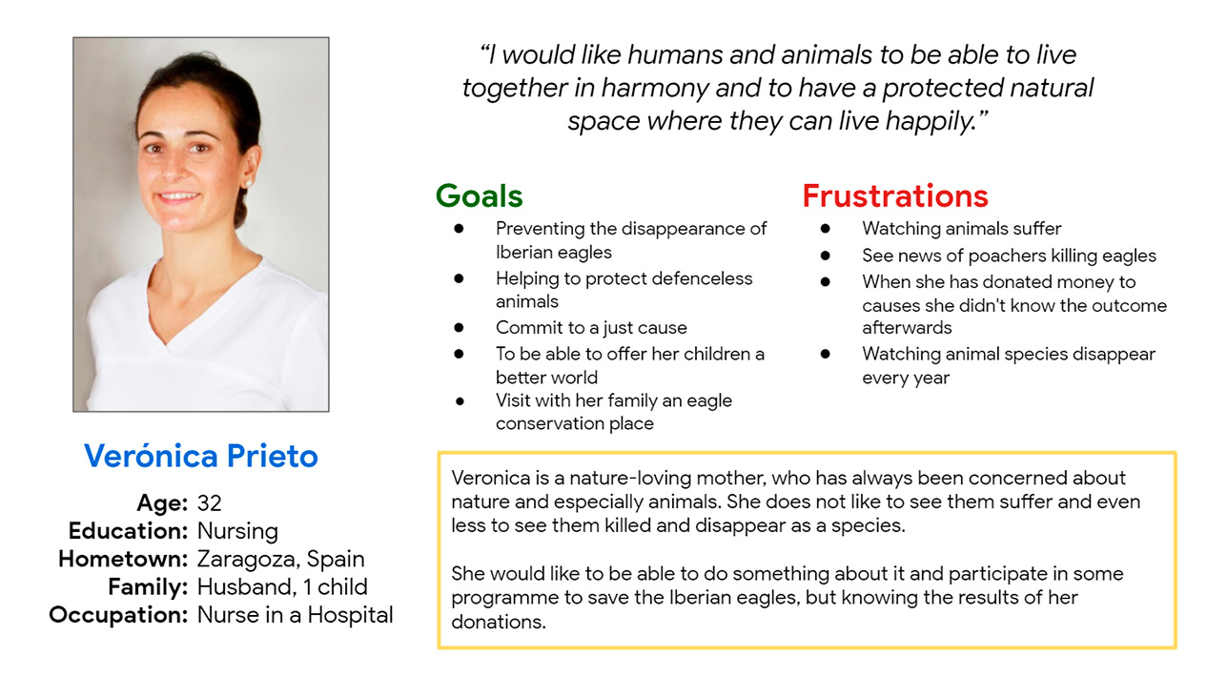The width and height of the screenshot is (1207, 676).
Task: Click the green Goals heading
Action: pyautogui.click(x=479, y=195)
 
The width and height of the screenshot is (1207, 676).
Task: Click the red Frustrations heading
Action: pyautogui.click(x=895, y=195)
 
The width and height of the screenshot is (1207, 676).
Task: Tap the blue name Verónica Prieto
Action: pyautogui.click(x=201, y=456)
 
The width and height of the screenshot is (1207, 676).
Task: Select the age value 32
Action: pyautogui.click(x=209, y=503)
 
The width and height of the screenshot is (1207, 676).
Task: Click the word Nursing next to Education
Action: pyautogui.click(x=237, y=532)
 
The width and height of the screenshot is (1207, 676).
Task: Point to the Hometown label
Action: pyautogui.click(x=123, y=559)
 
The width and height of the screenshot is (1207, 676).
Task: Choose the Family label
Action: pyautogui.click(x=148, y=587)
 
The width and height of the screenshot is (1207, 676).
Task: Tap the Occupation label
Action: pyautogui.click(x=118, y=616)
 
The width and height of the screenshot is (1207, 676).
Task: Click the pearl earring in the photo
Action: pyautogui.click(x=249, y=184)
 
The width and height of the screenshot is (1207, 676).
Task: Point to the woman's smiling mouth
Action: pyautogui.click(x=177, y=196)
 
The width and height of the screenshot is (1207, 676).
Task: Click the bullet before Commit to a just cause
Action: pyautogui.click(x=460, y=327)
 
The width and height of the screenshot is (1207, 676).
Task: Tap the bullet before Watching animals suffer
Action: pyautogui.click(x=826, y=229)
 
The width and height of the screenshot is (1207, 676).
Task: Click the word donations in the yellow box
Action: pyautogui.click(x=499, y=622)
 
